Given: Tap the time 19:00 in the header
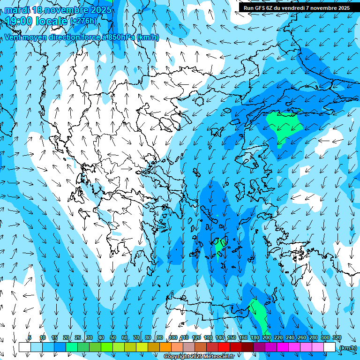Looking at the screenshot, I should click(x=21, y=21).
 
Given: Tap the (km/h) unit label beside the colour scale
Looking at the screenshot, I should click(x=347, y=348).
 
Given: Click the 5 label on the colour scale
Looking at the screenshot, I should click(x=30, y=338).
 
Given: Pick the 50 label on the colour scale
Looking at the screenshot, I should click(x=113, y=338).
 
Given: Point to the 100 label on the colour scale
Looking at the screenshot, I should click(x=173, y=338).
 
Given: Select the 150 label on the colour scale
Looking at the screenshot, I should click(x=232, y=338).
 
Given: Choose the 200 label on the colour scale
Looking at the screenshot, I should click(x=267, y=338).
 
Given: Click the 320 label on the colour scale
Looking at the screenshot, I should click(x=337, y=338).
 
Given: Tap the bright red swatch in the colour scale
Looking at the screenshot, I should click(x=224, y=347).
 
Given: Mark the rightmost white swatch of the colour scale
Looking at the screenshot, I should click(x=330, y=347).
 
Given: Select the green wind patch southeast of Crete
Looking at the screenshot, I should click(x=257, y=312).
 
